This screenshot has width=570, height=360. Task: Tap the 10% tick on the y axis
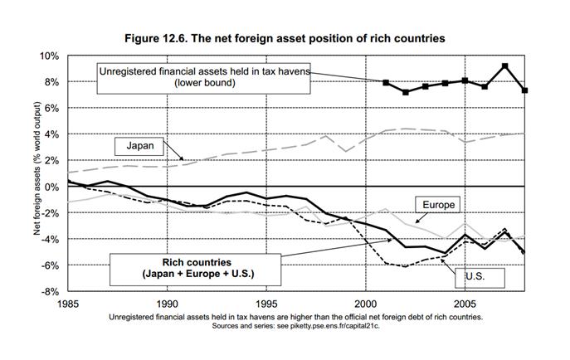click(x=49, y=56)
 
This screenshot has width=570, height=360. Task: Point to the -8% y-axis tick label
click(x=49, y=291)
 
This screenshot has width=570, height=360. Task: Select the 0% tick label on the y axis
click(x=51, y=187)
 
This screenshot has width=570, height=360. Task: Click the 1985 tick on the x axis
click(x=68, y=304)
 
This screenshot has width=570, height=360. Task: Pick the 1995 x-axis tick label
click(x=266, y=304)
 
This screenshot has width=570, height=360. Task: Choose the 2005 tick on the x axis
click(x=465, y=304)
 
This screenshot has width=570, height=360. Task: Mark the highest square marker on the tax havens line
click(x=505, y=66)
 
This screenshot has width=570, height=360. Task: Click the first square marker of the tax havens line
click(x=386, y=83)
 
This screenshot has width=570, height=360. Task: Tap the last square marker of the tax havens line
click(x=525, y=90)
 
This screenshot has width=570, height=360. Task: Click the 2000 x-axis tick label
click(x=366, y=304)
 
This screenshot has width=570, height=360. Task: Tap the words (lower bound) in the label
click(x=204, y=85)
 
